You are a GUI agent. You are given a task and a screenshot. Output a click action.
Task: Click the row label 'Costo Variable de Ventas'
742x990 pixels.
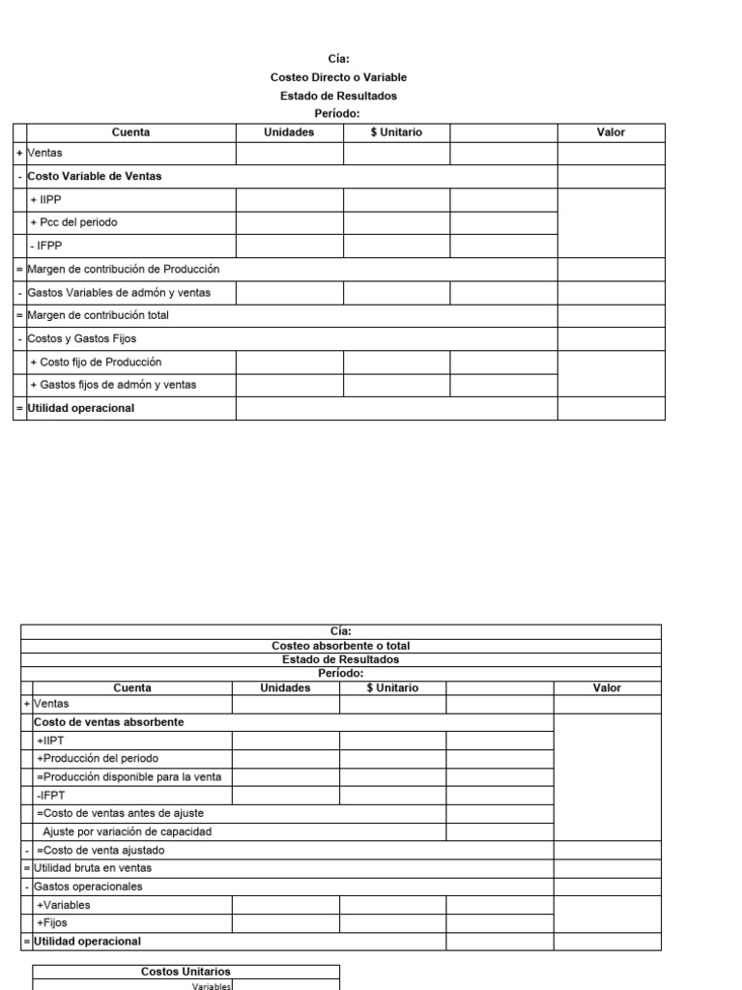pos(95,176)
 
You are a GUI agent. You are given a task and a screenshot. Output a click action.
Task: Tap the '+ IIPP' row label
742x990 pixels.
pos(45,199)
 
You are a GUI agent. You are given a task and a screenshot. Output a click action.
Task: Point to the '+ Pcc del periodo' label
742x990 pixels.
pos(73,222)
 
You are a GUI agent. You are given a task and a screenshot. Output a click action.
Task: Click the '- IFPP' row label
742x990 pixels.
pos(45,246)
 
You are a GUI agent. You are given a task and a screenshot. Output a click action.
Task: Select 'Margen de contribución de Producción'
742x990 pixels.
pos(124,269)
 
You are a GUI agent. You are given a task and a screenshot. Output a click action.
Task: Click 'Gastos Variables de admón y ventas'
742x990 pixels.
pos(119,292)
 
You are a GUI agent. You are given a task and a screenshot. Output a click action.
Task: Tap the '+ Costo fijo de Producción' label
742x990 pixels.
pos(96,362)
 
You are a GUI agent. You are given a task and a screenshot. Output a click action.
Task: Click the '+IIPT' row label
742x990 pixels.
pos(49,741)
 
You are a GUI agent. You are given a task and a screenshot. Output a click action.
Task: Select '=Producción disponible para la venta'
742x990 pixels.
pos(128,777)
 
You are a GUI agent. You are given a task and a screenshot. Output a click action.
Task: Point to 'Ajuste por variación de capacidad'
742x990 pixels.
pos(127,831)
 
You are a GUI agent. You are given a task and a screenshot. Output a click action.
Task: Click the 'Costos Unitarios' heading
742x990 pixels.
pos(185,972)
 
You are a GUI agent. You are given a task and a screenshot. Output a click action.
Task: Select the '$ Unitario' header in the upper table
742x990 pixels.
pos(396,132)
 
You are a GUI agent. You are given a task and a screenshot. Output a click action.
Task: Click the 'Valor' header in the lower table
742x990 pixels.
pos(607,688)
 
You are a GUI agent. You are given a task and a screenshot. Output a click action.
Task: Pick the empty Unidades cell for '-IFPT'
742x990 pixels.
pos(286,796)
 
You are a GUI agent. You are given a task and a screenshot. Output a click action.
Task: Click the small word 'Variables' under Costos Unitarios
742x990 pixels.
pos(213,986)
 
